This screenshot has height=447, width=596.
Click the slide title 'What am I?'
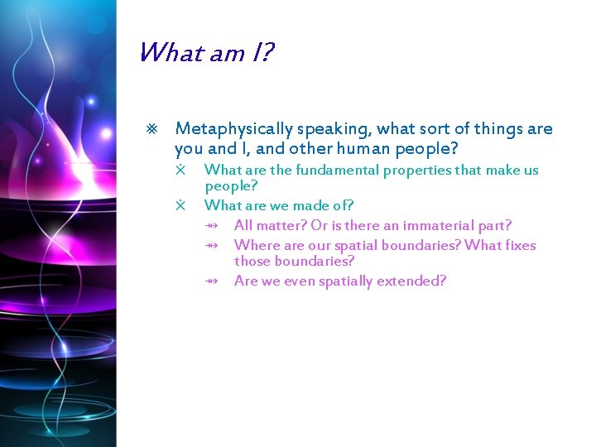coord(205,54)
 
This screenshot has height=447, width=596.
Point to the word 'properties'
coord(416,171)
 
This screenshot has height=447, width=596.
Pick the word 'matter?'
coord(281,225)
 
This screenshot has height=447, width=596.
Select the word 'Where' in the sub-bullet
coord(255,245)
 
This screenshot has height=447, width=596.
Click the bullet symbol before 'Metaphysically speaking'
coord(151,129)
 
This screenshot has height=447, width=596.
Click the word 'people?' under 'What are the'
coord(231,186)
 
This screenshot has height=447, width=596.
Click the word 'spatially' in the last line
coord(345,281)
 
